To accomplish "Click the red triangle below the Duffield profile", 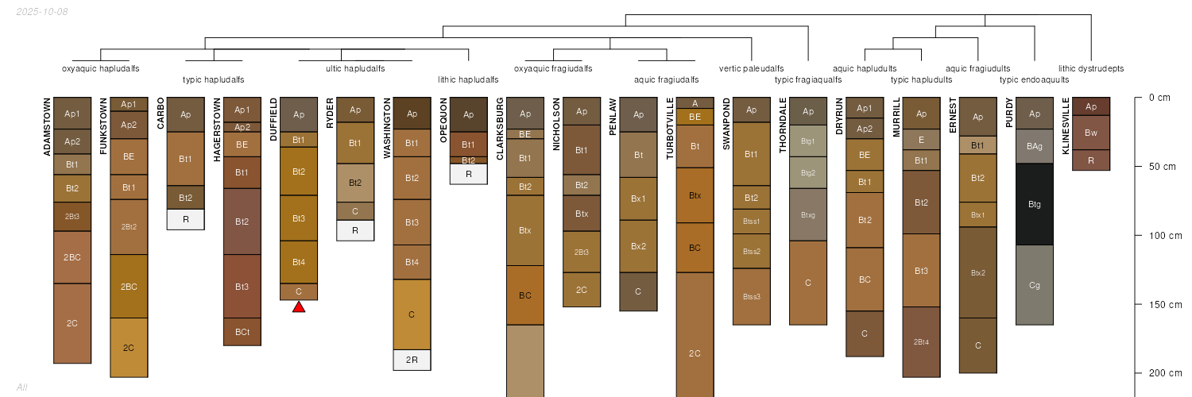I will [x=299, y=306].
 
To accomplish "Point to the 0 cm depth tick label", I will [x=1159, y=98].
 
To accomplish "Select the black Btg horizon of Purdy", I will [x=1035, y=204].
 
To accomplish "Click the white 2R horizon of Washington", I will [x=412, y=360].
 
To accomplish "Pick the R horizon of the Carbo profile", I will [x=185, y=219].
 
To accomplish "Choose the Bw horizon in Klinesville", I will [x=1091, y=133].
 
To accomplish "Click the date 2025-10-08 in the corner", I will [x=41, y=12].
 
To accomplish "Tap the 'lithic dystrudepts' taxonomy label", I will [x=1091, y=68].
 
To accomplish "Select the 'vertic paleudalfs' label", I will [x=751, y=68].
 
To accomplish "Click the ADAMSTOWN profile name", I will [x=47, y=127].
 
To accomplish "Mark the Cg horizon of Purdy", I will [x=1035, y=285].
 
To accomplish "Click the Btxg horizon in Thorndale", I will [x=808, y=214].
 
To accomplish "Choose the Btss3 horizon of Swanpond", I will [x=751, y=297].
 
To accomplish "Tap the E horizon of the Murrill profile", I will [x=921, y=140].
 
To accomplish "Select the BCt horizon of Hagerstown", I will [x=242, y=332].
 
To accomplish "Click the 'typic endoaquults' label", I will [x=1034, y=79].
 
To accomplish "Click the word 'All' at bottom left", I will [x=21, y=387].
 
